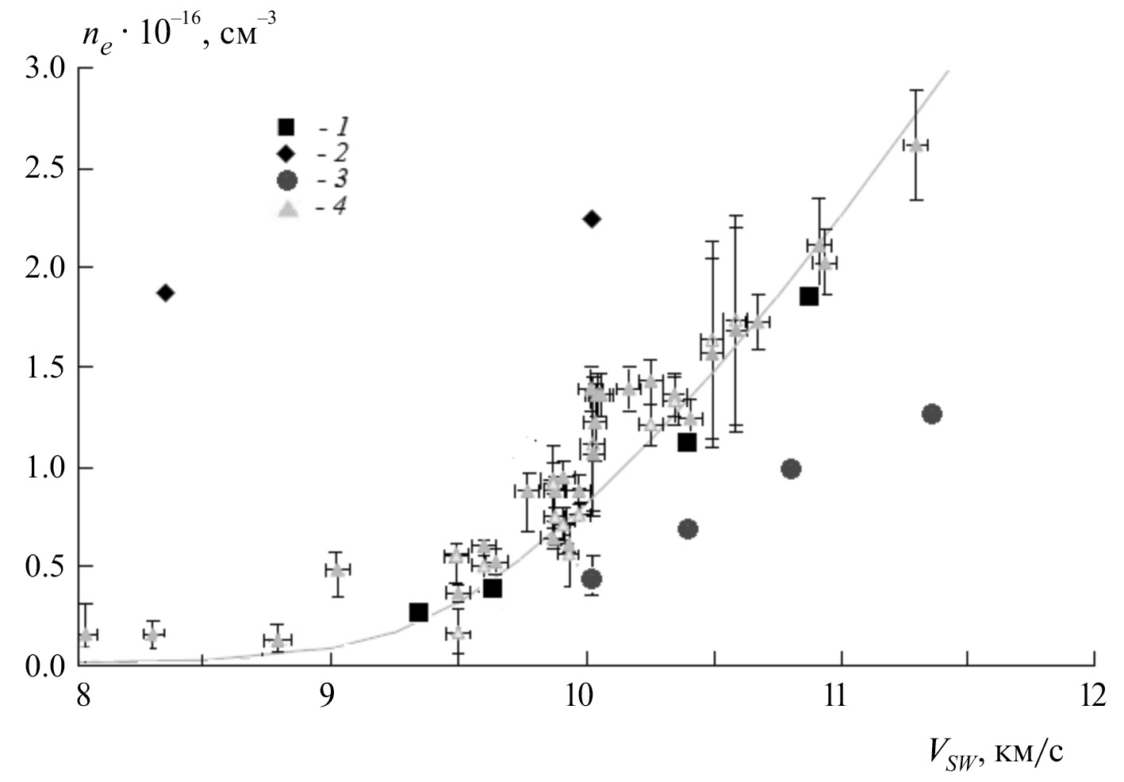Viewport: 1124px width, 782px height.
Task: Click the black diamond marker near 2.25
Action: [x=591, y=219]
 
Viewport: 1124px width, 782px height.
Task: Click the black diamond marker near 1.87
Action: [x=166, y=293]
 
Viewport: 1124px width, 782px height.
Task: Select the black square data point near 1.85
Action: [x=808, y=297]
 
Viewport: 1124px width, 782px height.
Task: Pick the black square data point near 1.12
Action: [x=687, y=443]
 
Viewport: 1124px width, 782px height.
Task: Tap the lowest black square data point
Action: [x=418, y=612]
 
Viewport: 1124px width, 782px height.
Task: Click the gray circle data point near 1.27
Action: [x=932, y=414]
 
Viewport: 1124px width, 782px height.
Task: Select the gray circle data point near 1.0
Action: [x=790, y=469]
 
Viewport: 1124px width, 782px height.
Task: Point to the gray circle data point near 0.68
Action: [x=688, y=529]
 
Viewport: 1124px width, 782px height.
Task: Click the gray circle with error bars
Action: [x=591, y=579]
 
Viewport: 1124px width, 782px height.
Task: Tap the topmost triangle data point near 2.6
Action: [x=916, y=146]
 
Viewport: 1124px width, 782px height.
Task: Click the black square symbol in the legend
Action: [x=286, y=127]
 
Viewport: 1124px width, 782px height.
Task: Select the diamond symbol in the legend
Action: [x=286, y=153]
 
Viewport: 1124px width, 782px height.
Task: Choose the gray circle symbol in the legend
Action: [x=286, y=180]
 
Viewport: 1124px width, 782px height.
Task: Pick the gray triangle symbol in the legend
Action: [x=288, y=209]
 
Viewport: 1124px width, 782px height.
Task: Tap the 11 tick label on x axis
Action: [x=839, y=696]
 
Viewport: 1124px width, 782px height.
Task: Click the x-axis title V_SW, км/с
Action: [x=995, y=751]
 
